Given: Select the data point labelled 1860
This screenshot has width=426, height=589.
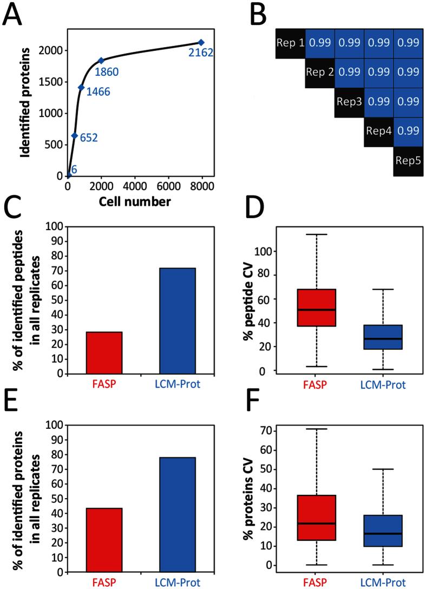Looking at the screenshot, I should tap(101, 61).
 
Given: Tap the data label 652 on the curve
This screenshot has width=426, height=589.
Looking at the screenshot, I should tap(88, 138).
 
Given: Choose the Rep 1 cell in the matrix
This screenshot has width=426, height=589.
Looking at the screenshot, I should tap(291, 42).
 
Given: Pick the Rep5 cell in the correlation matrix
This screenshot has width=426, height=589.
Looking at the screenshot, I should tap(408, 161).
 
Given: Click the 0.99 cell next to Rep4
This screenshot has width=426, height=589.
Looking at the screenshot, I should tap(408, 131).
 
